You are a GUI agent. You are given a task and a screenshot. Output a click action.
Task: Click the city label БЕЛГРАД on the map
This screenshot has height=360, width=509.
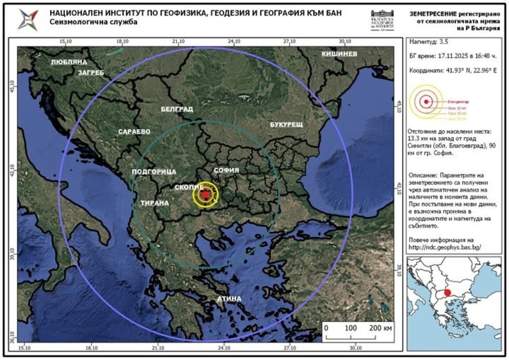click(x=177, y=109)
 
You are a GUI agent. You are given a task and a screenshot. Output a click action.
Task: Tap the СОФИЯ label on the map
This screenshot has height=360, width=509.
click(x=226, y=170)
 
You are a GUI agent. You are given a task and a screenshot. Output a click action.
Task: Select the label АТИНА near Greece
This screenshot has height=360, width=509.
click(x=229, y=299)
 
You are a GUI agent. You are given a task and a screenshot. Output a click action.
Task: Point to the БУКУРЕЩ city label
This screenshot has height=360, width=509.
click(x=286, y=125)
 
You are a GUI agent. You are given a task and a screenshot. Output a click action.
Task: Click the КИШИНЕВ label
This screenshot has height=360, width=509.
click(x=339, y=54)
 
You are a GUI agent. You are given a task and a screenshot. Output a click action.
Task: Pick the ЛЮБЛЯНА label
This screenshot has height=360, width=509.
click(x=69, y=62)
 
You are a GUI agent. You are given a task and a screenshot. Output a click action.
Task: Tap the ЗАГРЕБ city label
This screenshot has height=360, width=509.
click(x=91, y=73)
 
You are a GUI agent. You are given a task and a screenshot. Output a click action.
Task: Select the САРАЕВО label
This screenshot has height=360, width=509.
click(x=134, y=132)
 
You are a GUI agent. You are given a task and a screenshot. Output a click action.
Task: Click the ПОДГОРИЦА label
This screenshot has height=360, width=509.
click(x=154, y=172)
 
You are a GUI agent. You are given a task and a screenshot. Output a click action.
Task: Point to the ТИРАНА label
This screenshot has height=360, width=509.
click(x=155, y=203)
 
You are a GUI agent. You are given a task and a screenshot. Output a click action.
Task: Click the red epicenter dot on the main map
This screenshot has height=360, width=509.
click(x=205, y=195)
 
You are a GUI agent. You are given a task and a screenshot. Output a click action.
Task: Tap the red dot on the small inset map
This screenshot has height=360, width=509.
click(x=447, y=293)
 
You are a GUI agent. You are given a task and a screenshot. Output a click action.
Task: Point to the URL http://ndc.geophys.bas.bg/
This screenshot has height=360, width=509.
click(x=445, y=248)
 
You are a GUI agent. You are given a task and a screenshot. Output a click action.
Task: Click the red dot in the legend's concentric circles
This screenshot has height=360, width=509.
click(x=426, y=102)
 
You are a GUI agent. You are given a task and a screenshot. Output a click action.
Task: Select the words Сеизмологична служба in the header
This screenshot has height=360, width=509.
click(x=93, y=22)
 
